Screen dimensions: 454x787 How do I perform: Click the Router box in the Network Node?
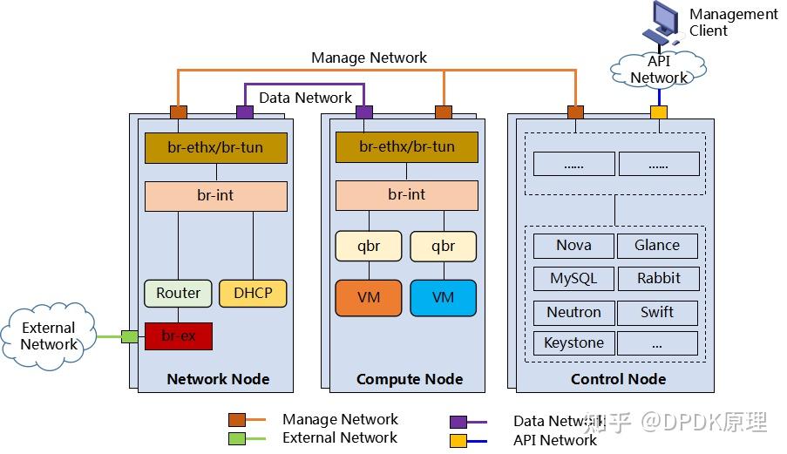point(178,293)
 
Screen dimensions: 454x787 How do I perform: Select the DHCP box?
point(252,293)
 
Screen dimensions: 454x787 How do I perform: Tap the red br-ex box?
point(178,335)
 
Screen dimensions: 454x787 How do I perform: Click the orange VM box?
point(369,298)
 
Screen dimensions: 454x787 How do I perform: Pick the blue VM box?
point(443,298)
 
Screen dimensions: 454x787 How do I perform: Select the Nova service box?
point(573,246)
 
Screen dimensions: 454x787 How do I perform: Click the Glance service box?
point(657,246)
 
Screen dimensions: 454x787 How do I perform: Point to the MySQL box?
point(573,279)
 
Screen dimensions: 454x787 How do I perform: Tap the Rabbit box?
point(657,279)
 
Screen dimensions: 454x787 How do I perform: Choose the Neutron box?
point(573,312)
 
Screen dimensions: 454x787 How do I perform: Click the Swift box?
point(657,312)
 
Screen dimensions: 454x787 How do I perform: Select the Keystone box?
point(573,342)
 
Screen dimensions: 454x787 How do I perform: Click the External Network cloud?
point(49,335)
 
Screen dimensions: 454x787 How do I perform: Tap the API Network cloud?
point(659,69)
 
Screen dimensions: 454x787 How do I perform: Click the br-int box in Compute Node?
point(407,195)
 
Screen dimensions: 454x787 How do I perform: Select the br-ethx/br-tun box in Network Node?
point(215,147)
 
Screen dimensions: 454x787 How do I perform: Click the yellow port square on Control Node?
point(659,112)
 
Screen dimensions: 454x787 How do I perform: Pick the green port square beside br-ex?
point(129,336)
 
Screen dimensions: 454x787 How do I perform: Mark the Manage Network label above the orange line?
point(369,58)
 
